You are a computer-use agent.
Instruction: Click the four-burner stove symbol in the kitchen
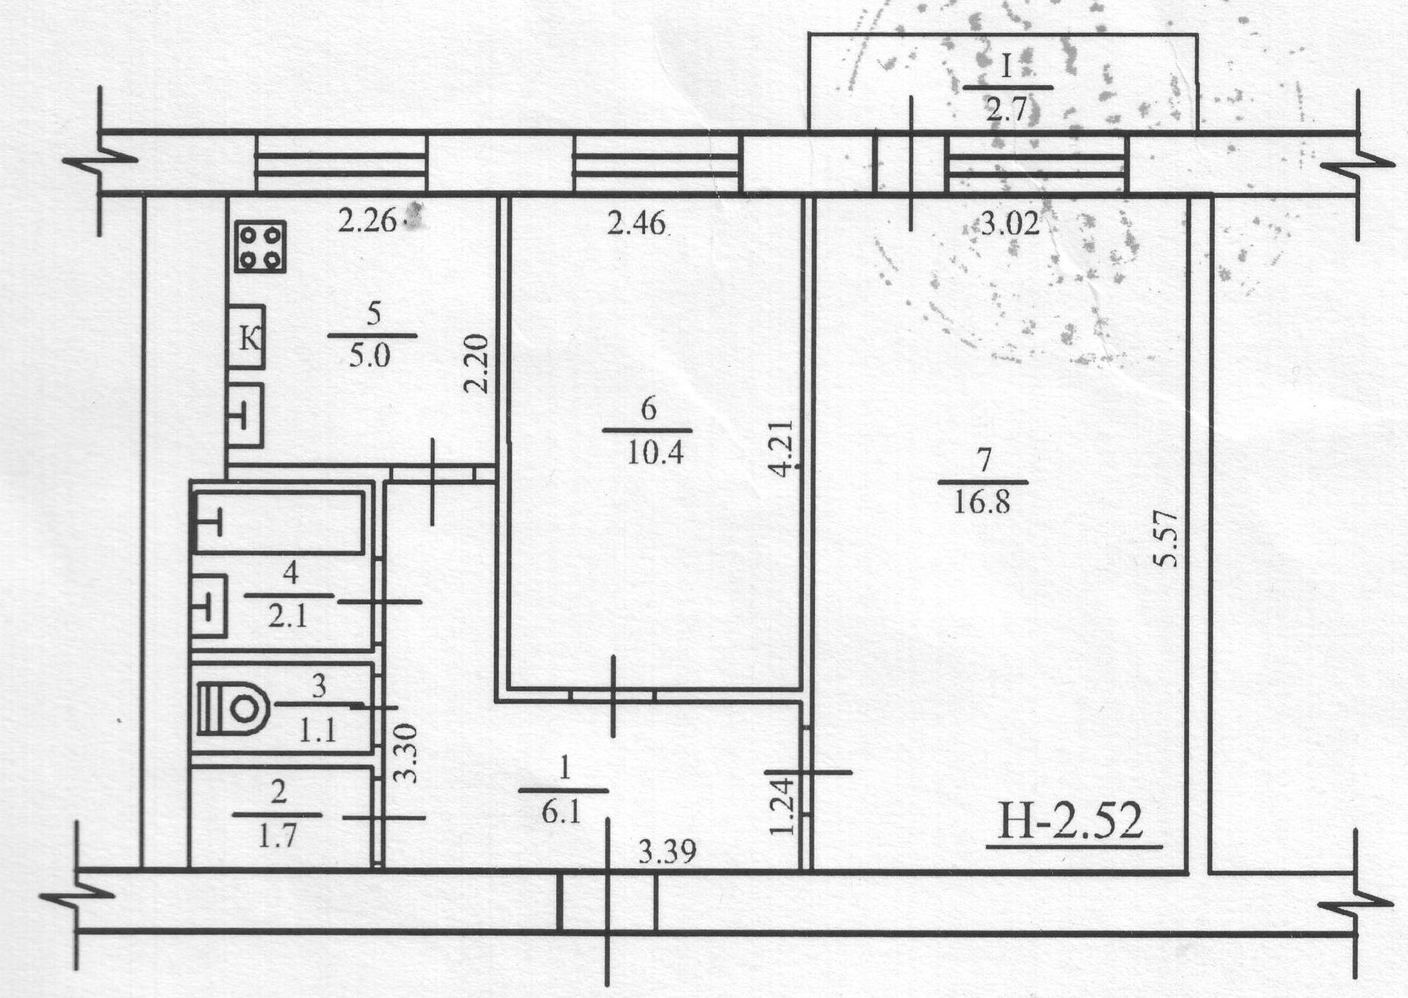click(x=260, y=246)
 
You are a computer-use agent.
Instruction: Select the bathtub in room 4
click(x=279, y=523)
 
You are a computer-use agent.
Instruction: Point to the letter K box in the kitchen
click(x=246, y=336)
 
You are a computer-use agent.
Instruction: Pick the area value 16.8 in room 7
click(x=982, y=503)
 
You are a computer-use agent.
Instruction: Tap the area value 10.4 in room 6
click(x=655, y=453)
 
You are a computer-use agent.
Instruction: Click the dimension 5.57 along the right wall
click(x=1168, y=539)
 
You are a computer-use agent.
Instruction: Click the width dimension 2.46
click(x=636, y=224)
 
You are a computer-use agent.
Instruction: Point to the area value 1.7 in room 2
click(x=277, y=837)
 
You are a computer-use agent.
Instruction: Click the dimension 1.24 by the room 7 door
click(x=782, y=805)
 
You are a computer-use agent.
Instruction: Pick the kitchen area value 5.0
click(x=370, y=356)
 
